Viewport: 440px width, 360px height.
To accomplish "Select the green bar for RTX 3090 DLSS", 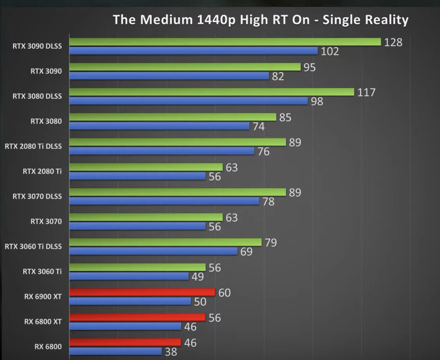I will [x=225, y=42].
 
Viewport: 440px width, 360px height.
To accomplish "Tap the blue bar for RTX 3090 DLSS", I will [x=193, y=51].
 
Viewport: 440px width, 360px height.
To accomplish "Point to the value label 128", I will [x=393, y=42].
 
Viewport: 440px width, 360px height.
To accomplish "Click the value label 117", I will [x=366, y=92].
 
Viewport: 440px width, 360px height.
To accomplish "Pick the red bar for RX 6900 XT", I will [x=142, y=292].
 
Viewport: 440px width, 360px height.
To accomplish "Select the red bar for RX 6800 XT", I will [x=137, y=317].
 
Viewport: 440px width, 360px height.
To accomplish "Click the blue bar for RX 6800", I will [x=115, y=351].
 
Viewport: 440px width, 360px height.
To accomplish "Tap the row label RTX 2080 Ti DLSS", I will [x=33, y=146].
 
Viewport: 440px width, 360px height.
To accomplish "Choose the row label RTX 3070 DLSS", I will [x=37, y=196].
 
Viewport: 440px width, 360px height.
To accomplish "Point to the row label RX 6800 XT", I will [x=43, y=322].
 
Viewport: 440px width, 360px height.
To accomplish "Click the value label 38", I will [x=171, y=352].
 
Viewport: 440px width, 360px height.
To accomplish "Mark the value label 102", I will [x=330, y=52].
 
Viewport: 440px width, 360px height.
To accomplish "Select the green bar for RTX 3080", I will [x=173, y=117].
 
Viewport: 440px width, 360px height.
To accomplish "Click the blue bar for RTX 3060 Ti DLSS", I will [x=153, y=251].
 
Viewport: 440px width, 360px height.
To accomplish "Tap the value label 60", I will [x=224, y=292].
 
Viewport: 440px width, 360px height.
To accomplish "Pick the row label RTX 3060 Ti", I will [x=42, y=271].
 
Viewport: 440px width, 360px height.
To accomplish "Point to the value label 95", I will [x=309, y=67].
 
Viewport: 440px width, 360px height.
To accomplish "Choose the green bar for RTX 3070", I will [x=146, y=217].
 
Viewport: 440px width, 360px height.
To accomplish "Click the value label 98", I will [x=317, y=101].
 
